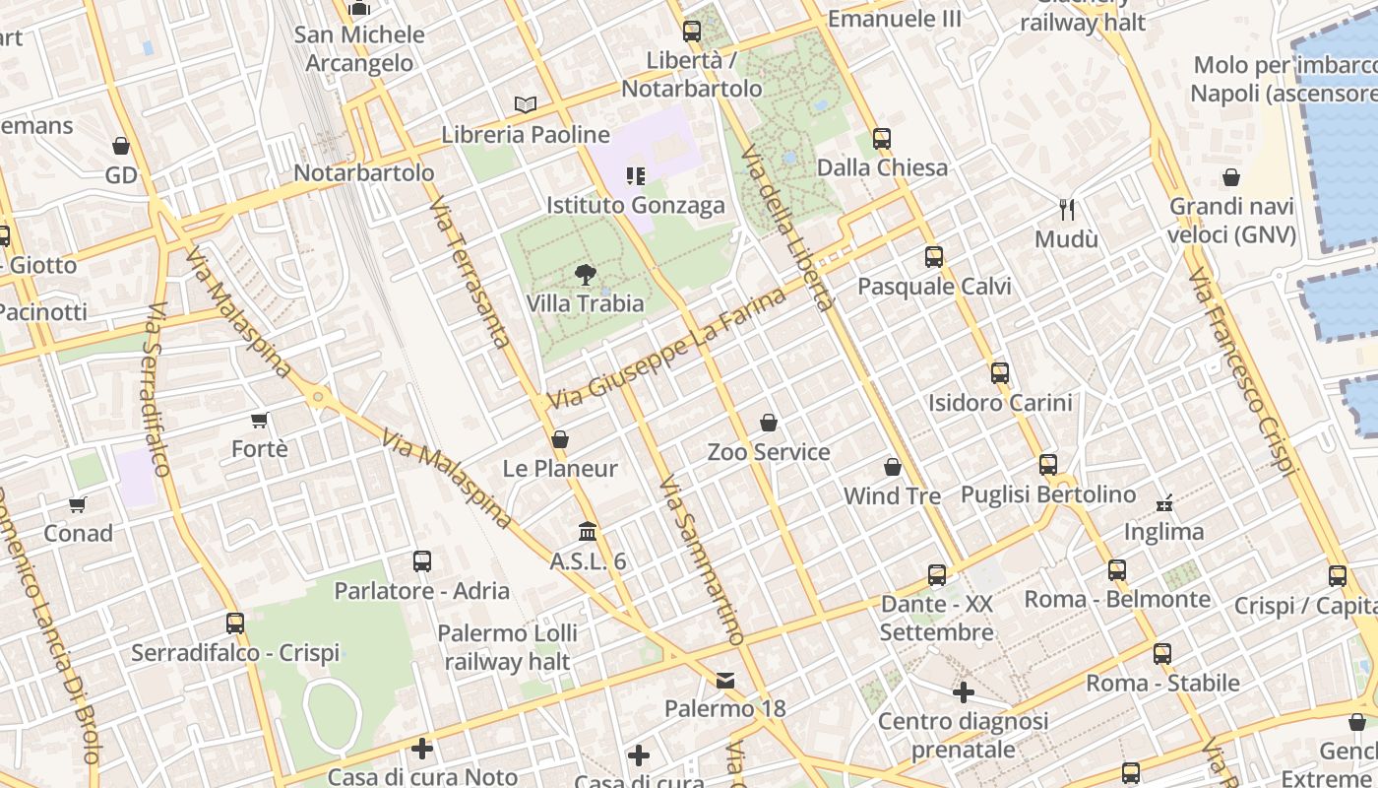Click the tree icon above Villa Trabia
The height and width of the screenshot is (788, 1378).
coord(586,274)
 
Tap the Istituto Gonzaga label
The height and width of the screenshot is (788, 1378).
coord(636,205)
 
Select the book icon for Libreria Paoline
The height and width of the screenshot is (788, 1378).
coord(526,104)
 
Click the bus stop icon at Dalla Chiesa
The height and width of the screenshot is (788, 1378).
coord(882,138)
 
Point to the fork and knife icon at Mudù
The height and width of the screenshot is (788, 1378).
coord(1067,209)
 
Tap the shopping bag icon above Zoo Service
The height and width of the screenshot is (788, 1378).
coord(769,423)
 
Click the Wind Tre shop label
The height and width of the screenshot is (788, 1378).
coord(892,495)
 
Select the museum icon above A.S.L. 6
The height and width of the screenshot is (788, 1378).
coord(588,531)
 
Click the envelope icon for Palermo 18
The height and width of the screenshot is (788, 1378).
coord(725,680)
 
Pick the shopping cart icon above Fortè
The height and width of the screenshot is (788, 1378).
coord(260,421)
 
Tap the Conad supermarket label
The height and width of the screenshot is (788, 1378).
coord(78,533)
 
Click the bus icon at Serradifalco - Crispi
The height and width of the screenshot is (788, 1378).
coord(234,623)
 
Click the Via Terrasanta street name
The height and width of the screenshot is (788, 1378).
coord(470,271)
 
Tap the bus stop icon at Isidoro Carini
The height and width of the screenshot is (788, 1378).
coord(1000,373)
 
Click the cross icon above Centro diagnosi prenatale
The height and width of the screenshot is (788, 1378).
coord(964,692)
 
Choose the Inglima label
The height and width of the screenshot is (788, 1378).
coord(1163,532)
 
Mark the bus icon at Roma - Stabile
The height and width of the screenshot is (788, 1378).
coord(1162,653)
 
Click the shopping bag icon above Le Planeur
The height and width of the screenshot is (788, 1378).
coord(560,439)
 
